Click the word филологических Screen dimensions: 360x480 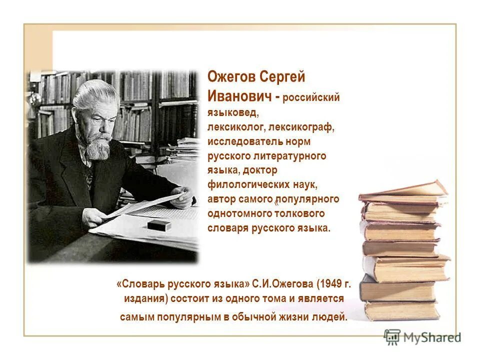(248, 184)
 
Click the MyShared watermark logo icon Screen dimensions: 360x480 (392, 337)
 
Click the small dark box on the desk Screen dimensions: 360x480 (159, 225)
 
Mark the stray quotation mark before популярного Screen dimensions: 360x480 (275, 201)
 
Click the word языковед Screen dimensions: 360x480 (232, 113)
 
